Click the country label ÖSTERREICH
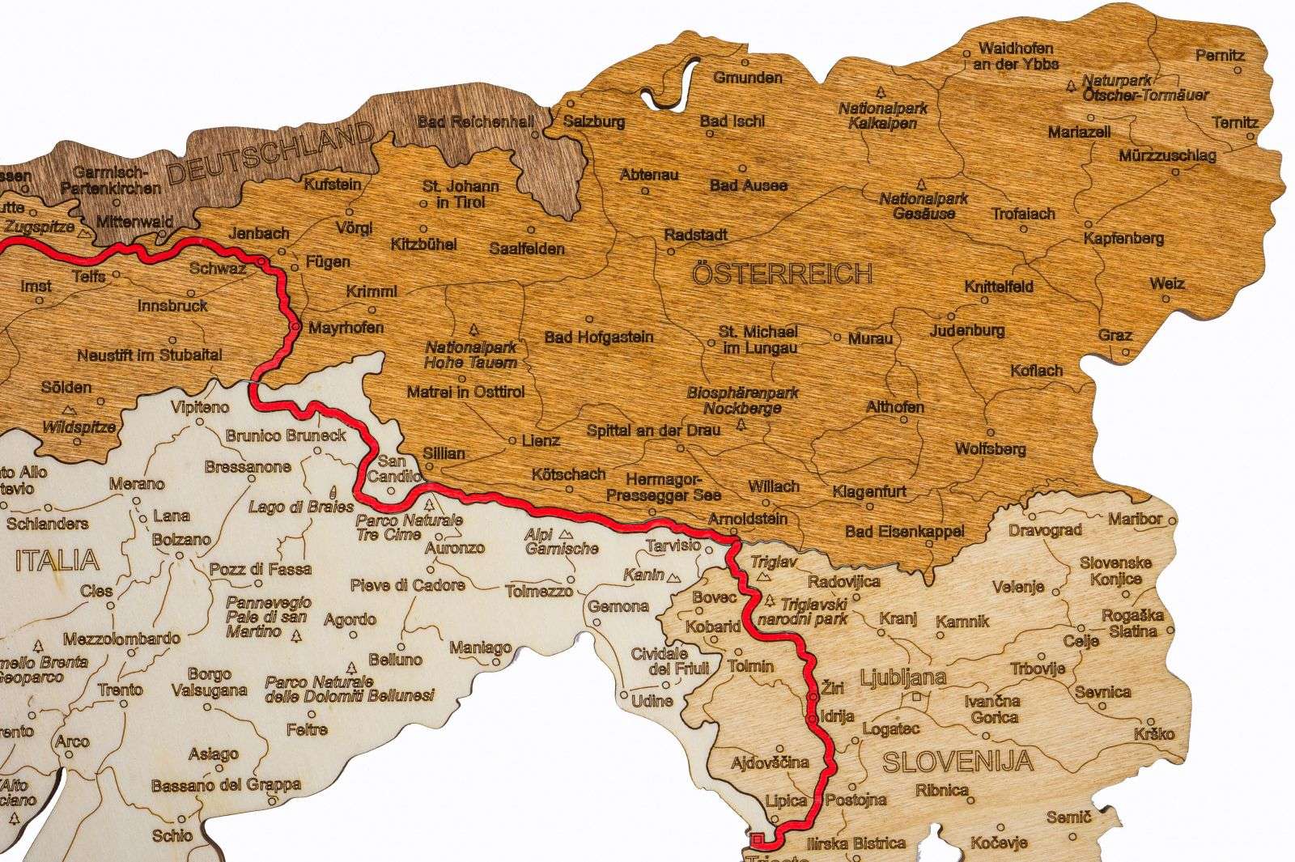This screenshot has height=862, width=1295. pos(783,274)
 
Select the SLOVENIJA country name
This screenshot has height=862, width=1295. pos(957,762)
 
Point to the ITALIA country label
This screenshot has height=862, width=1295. pos(57,560)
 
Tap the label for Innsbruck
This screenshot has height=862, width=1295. pos(172,306)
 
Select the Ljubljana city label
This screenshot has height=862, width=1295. pos(903,677)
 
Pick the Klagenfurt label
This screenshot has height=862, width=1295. pos(869,491)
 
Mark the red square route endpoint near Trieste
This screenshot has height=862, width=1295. pos(758,839)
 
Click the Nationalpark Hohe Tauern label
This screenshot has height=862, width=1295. pos(471,355)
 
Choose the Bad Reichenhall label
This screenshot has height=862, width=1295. pos(475,122)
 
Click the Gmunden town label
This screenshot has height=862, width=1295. pos(748,78)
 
